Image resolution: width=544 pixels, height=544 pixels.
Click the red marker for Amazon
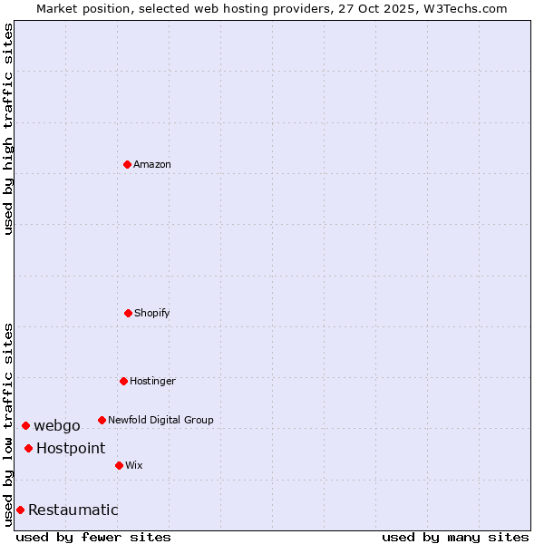click(128, 164)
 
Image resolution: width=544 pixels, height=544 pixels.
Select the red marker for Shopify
click(128, 313)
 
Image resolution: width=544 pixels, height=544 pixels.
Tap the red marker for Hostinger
click(123, 381)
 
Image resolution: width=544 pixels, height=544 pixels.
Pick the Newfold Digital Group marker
click(102, 420)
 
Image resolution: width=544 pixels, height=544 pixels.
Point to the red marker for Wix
click(119, 465)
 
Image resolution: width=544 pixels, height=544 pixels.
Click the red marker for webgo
click(25, 425)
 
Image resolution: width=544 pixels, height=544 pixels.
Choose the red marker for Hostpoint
click(29, 448)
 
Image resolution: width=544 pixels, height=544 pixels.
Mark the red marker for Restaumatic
click(20, 510)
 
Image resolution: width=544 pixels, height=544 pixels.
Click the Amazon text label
click(152, 164)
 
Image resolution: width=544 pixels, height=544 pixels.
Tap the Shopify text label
click(152, 313)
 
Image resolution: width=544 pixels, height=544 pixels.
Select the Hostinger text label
click(152, 381)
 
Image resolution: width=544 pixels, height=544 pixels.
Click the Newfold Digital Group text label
click(160, 420)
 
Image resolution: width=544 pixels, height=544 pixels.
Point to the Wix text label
click(134, 465)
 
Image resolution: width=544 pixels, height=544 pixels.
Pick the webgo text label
click(57, 426)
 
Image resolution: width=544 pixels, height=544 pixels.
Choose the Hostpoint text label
click(71, 448)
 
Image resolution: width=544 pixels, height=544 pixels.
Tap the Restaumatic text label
click(73, 510)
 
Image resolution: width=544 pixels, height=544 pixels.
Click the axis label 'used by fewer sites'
click(93, 537)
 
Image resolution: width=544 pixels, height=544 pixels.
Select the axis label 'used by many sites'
click(455, 537)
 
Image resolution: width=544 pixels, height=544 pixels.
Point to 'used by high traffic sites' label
click(8, 129)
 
